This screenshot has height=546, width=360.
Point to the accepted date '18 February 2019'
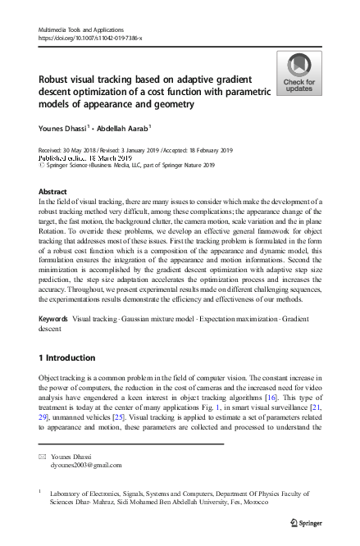point(204,150)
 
